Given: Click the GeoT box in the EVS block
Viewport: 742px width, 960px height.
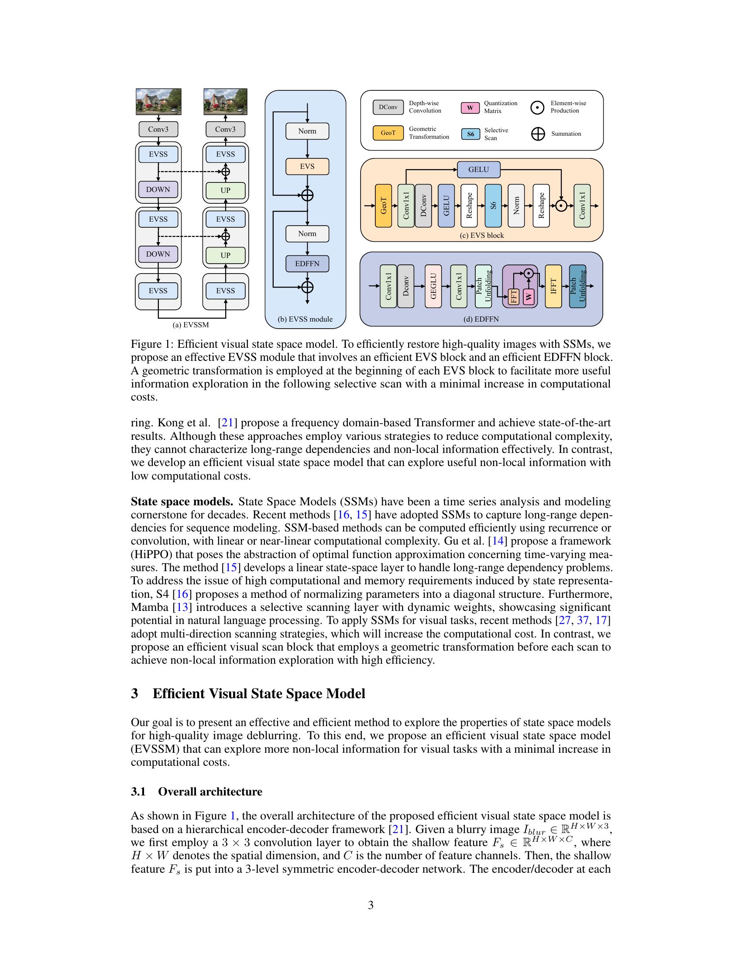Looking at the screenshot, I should pos(383,206).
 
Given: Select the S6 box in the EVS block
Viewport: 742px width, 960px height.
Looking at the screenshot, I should pos(493,206).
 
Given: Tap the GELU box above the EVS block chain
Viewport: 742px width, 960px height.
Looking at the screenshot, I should pos(478,169).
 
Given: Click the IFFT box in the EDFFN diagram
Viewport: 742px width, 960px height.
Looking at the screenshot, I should pos(553,286).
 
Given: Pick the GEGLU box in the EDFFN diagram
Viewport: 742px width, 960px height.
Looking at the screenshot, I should pos(433,286).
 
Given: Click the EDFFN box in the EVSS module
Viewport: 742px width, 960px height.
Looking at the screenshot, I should pos(307,264).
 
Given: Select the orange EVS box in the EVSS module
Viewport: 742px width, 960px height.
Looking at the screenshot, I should pos(307,167).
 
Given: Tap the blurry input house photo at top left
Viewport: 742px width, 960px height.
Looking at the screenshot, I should pos(158,102).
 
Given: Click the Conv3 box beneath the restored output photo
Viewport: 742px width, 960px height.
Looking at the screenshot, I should pos(226,129).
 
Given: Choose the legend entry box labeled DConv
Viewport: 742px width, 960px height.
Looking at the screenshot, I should pos(388,107).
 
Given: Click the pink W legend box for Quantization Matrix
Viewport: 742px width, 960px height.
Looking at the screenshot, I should pos(470,108).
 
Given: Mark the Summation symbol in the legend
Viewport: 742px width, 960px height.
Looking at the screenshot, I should pos(538,134).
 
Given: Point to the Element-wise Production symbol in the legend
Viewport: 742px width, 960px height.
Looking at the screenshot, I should pos(537,107).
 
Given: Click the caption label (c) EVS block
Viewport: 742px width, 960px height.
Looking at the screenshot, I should pos(482,236).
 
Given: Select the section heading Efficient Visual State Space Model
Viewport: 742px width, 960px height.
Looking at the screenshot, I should pos(258,694).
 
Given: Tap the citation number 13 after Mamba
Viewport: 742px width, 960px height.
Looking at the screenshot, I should pos(183,607).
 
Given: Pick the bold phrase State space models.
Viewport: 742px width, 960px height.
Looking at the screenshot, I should pos(182,501).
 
